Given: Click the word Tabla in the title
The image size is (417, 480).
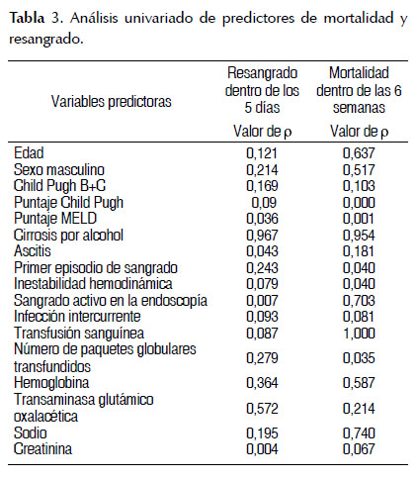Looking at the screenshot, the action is [27, 18].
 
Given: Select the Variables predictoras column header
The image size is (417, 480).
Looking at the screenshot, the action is [112, 102].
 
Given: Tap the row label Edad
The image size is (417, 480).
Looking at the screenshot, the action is [29, 153].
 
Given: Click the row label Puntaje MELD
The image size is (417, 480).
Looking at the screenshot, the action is [55, 219].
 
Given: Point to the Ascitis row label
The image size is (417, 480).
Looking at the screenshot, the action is [33, 251].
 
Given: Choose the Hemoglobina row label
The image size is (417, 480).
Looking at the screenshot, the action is [51, 383].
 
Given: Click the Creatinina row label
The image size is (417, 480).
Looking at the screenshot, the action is [42, 449].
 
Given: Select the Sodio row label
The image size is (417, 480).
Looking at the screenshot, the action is [31, 432].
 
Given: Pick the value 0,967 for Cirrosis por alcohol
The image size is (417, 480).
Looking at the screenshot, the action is [262, 236].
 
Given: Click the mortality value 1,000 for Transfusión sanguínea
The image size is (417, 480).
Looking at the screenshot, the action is [359, 334].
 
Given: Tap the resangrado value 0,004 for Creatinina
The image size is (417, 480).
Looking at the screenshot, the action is [262, 449].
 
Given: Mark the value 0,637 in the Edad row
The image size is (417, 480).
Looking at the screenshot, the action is [359, 153].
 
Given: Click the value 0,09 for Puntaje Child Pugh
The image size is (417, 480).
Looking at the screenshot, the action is [264, 203].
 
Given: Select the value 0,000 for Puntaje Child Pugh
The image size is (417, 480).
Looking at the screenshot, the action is [359, 203].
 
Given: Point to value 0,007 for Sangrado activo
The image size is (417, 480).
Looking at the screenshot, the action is [262, 301].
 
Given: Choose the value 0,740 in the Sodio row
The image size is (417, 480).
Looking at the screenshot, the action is [359, 433].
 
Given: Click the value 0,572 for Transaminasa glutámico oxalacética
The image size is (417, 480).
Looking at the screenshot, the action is [262, 409].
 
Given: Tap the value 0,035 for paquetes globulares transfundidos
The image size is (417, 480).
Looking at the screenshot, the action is [359, 358].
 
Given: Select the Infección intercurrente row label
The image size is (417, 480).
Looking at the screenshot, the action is [77, 316].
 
